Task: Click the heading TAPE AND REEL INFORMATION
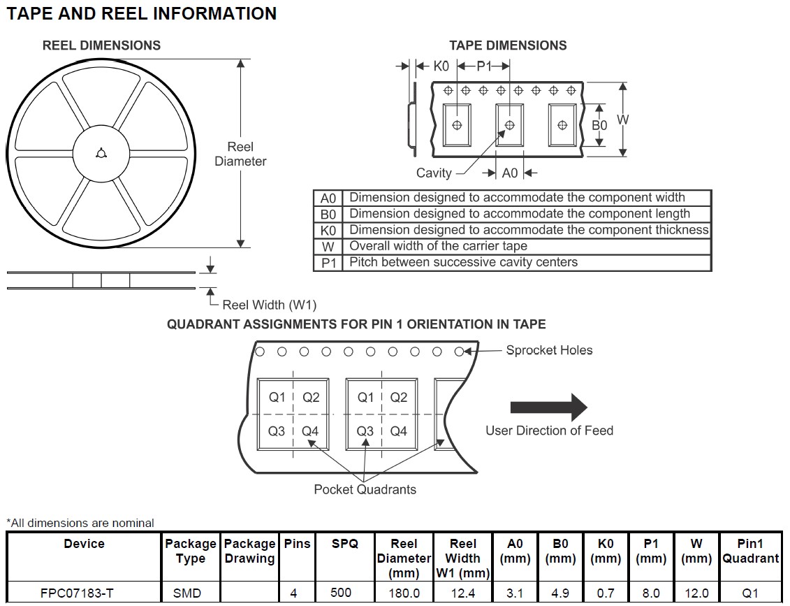(x=142, y=13)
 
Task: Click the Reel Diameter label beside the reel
(x=240, y=154)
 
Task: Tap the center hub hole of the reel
(x=101, y=154)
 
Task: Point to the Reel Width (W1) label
(x=269, y=305)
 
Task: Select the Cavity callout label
(x=434, y=173)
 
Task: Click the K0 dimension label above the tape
(x=441, y=66)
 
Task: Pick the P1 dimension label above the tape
(x=484, y=66)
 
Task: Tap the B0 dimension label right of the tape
(x=599, y=125)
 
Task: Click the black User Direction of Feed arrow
(x=549, y=407)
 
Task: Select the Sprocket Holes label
(x=549, y=350)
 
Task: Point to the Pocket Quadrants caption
(x=365, y=489)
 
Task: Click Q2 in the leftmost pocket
(x=311, y=397)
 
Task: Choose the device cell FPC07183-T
(x=84, y=593)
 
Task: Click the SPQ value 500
(x=341, y=593)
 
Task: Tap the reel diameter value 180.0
(x=404, y=593)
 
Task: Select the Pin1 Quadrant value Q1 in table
(x=750, y=593)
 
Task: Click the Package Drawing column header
(x=249, y=551)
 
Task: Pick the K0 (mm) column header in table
(x=606, y=551)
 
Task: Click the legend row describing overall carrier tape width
(x=512, y=246)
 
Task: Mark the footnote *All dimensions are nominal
(x=80, y=523)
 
